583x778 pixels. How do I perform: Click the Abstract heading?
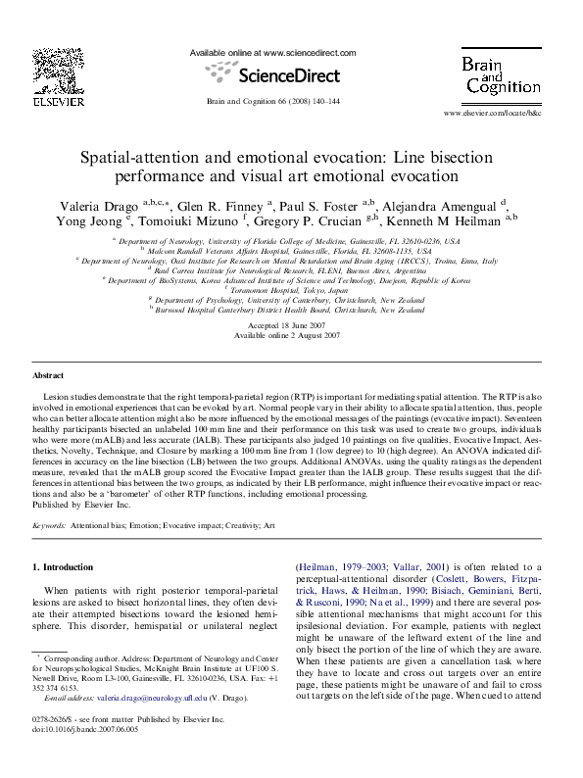pyautogui.click(x=49, y=375)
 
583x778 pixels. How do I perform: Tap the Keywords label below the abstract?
pyautogui.click(x=50, y=525)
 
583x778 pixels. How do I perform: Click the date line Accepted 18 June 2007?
pyautogui.click(x=291, y=324)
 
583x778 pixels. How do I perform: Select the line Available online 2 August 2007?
pyautogui.click(x=291, y=335)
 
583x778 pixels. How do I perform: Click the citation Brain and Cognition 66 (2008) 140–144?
pyautogui.click(x=272, y=101)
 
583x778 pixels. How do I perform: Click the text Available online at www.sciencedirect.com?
pyautogui.click(x=271, y=52)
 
